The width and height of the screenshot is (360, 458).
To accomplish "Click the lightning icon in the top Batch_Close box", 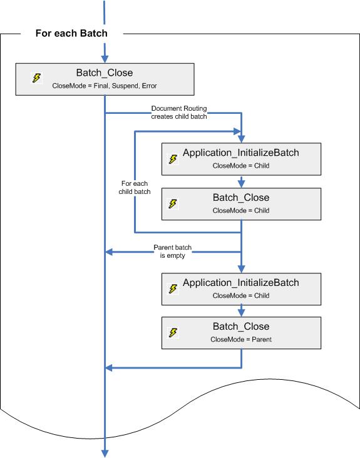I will (x=37, y=78).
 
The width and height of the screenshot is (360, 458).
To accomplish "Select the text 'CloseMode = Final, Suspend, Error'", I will (x=104, y=85).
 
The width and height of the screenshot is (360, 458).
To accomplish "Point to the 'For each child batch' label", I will (x=135, y=188).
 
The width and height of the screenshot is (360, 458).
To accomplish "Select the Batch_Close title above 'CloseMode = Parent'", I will (x=240, y=326).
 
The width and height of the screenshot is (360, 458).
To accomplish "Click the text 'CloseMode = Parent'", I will (x=240, y=340).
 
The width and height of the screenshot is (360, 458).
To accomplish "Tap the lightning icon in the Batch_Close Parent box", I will (x=173, y=333).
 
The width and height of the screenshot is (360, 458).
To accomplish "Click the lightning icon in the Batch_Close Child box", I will (x=173, y=204).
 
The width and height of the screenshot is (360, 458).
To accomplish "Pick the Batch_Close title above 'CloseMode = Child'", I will (x=240, y=197).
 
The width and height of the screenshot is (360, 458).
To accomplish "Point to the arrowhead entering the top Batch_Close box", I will (x=105, y=57).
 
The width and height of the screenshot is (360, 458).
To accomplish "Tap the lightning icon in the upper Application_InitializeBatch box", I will (x=173, y=159).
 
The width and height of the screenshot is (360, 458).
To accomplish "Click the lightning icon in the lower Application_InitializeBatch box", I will (x=173, y=288).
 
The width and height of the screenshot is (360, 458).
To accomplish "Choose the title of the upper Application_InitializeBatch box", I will (x=240, y=153).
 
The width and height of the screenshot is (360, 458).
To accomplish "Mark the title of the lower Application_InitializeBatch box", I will (x=240, y=282).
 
